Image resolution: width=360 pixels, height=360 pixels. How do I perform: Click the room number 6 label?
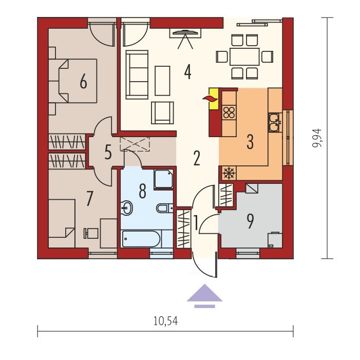[83, 82]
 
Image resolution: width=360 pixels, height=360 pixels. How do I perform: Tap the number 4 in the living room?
[188, 72]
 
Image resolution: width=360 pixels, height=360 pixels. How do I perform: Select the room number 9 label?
[250, 221]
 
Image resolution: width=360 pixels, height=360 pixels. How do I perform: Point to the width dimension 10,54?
[165, 321]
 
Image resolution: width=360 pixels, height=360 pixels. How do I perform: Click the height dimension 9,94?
[317, 138]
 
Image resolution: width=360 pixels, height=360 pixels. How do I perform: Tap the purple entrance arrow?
[204, 296]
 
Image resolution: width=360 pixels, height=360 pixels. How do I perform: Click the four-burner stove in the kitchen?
[229, 112]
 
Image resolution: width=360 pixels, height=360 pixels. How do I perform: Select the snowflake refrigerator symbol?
[229, 173]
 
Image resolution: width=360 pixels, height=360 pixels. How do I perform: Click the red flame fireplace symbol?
[210, 99]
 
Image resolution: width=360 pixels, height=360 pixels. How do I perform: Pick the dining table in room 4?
[244, 56]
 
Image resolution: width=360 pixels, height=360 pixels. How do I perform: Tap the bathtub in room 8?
[141, 239]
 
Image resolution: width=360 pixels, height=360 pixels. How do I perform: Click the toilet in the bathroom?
[165, 208]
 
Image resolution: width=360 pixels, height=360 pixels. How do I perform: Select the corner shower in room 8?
[163, 179]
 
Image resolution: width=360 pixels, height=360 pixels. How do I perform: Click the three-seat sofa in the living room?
[137, 74]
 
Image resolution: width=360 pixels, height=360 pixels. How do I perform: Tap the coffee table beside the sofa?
[162, 81]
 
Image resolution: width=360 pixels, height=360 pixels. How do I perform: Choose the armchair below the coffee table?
[162, 113]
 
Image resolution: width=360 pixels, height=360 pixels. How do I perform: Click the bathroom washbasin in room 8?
[126, 208]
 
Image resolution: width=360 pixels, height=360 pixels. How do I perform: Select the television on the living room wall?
[185, 33]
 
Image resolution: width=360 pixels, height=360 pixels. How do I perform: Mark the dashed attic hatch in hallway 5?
[135, 144]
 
